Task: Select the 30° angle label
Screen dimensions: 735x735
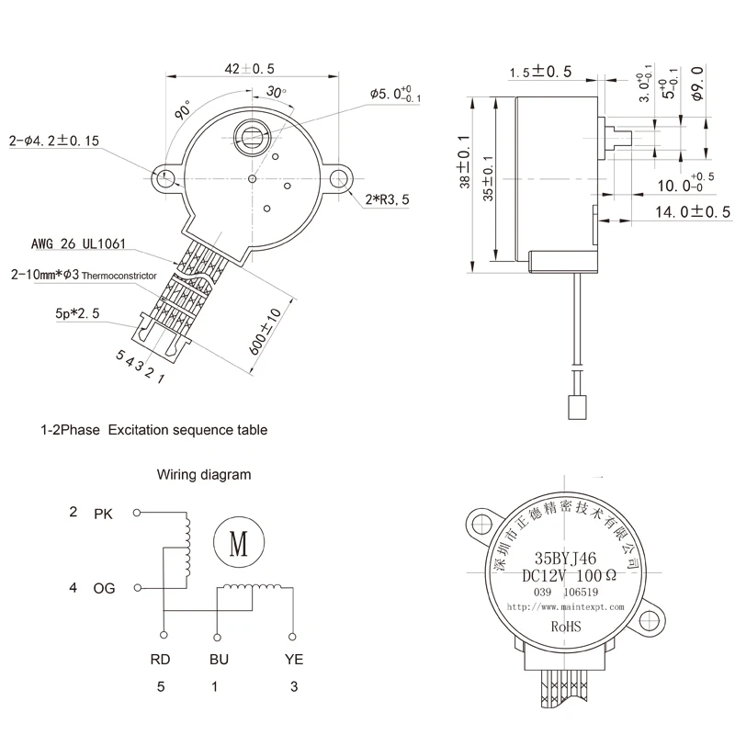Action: [276, 92]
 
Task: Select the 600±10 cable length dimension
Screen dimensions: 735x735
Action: [269, 334]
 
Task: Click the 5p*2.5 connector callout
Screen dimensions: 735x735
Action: [76, 314]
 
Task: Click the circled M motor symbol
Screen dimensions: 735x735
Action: [238, 543]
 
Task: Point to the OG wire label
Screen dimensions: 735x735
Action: [104, 588]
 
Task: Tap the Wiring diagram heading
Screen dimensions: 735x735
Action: [203, 475]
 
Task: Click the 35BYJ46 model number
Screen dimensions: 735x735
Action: [565, 558]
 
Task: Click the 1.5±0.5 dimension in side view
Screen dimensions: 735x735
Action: [542, 72]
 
